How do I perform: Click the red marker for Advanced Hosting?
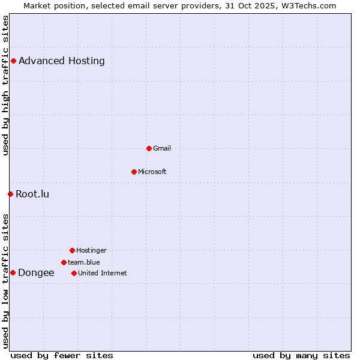[x=13, y=61]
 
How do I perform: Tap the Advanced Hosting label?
[x=62, y=61]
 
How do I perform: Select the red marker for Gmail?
[x=149, y=148]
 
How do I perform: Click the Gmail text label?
[x=161, y=148]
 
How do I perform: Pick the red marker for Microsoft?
[x=134, y=172]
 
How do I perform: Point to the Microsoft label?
[x=152, y=172]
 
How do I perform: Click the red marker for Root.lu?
[x=10, y=194]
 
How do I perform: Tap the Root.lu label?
[x=32, y=194]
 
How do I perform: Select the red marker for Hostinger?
[x=72, y=250]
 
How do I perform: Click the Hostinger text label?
[x=91, y=250]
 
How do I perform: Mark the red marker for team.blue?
[x=64, y=262]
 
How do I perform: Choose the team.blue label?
[x=83, y=262]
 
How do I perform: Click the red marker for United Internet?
[x=74, y=273]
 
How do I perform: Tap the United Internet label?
[x=102, y=273]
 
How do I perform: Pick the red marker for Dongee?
[x=13, y=272]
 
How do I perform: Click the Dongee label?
[x=36, y=272]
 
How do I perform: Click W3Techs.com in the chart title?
[x=307, y=5]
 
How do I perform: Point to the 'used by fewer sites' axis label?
[x=62, y=355]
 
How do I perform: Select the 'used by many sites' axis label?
[x=301, y=355]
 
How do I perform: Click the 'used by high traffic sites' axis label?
[x=5, y=85]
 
